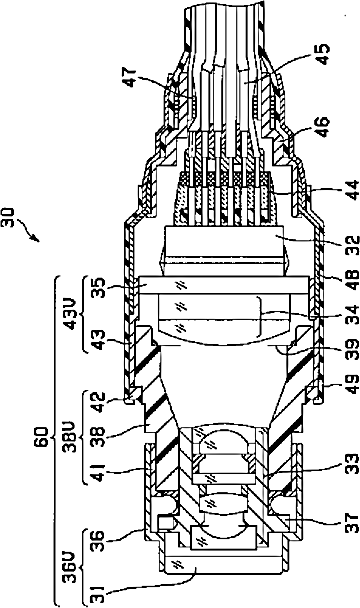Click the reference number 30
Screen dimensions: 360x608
coord(8,218)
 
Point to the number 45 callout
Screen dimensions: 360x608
coord(322,54)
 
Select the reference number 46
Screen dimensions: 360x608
coord(322,126)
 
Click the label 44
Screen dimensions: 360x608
coord(352,189)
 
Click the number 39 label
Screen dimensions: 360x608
coord(352,351)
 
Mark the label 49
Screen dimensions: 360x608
coord(352,384)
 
